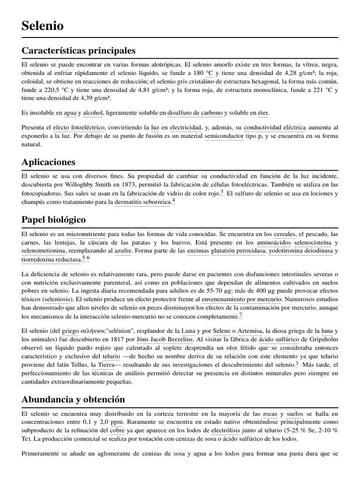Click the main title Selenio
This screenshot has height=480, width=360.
coord(43,26)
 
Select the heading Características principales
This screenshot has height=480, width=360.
coord(78,50)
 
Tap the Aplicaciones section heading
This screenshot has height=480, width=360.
coord(48,162)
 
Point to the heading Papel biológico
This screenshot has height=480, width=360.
coord(53,219)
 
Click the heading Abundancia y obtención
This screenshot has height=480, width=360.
coord(73,399)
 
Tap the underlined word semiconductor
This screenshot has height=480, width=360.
coord(225,136)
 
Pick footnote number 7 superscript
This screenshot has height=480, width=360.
coord(240,315)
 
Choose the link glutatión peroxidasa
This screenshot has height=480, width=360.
coord(238,251)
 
